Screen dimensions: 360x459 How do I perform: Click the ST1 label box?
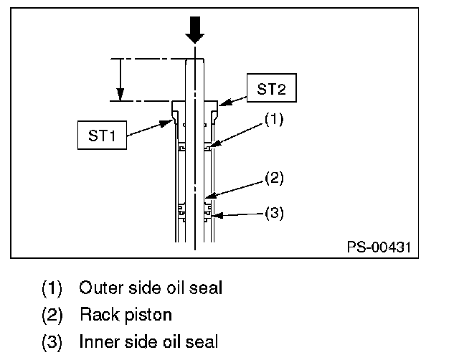pos(103,135)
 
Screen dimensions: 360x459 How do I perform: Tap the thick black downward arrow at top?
pos(194,29)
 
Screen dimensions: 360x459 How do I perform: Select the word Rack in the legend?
pos(95,315)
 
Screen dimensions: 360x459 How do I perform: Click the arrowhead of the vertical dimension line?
pos(120,94)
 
